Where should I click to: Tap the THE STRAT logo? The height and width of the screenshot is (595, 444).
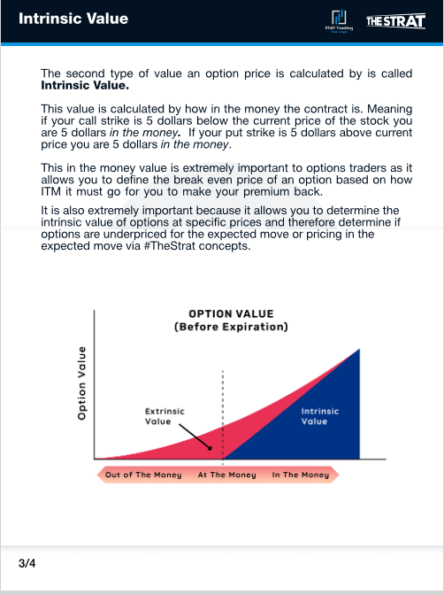[395, 20]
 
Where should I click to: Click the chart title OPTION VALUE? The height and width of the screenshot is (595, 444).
[232, 313]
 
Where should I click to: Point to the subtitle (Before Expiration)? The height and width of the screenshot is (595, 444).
[232, 327]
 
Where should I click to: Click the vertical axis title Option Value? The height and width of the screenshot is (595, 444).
[81, 382]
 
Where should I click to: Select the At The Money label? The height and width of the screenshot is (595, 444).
[226, 475]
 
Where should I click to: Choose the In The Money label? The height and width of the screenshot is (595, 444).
[300, 475]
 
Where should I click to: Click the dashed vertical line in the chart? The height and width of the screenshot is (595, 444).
[223, 398]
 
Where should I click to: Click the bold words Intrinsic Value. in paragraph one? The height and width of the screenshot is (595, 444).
[85, 86]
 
